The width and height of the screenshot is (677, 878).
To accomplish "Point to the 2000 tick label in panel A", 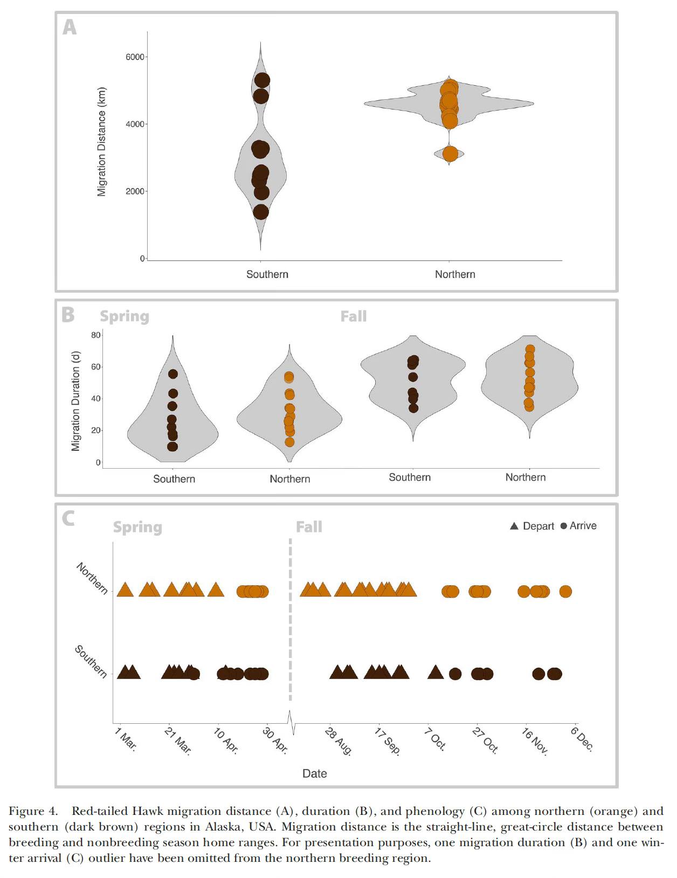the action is [135, 191].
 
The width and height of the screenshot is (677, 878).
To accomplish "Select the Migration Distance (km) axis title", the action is [101, 142].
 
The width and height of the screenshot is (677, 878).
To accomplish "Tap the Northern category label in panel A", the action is [455, 275].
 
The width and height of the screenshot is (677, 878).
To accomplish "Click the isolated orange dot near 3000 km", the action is [450, 154].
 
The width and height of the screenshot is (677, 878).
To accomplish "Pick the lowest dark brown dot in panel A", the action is [261, 212].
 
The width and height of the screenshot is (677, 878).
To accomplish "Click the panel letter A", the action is [70, 28].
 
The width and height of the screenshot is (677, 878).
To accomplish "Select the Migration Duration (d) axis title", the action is [75, 401].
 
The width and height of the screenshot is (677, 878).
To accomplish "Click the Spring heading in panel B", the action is [125, 317].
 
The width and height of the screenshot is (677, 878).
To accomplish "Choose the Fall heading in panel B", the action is [354, 316].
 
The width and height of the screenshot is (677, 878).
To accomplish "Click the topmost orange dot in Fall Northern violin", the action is [530, 349].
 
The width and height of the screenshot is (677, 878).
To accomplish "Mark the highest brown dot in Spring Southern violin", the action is [173, 374].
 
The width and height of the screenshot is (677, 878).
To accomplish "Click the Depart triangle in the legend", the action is [514, 526].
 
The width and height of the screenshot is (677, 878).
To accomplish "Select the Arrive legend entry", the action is [578, 526].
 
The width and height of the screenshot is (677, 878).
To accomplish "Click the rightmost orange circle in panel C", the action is [565, 592].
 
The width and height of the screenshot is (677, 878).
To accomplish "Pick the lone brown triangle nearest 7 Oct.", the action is [435, 671].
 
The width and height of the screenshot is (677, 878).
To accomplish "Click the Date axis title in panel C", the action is [314, 773].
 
